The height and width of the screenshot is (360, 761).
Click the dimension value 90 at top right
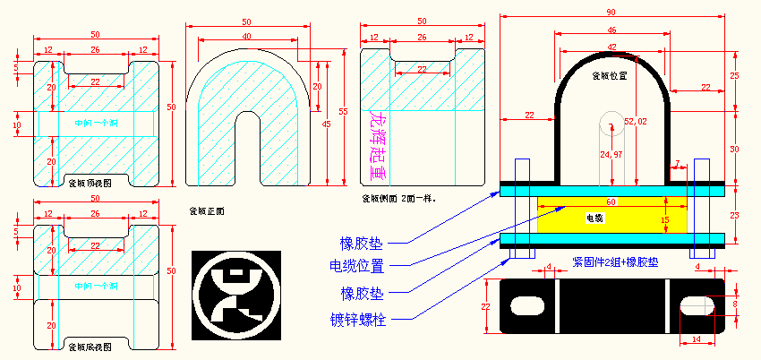[x=611, y=12]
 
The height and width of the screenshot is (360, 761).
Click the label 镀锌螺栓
[x=358, y=319]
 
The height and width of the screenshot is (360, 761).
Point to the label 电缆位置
[x=357, y=267]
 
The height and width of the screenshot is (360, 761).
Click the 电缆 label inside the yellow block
[x=594, y=218]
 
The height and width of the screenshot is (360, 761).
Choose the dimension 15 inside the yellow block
[x=664, y=219]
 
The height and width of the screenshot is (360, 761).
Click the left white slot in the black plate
[x=527, y=305]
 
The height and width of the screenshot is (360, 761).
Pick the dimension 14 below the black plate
[x=697, y=339]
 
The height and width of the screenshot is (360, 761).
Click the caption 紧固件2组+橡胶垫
[x=613, y=263]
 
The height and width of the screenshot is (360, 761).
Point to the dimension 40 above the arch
[x=245, y=36]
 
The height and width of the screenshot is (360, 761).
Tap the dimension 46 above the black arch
[x=611, y=30]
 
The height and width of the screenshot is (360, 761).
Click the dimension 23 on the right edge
[x=734, y=214]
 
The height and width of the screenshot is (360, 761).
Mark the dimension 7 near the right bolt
[x=677, y=163]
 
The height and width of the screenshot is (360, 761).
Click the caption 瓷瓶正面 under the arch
[x=206, y=211]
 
